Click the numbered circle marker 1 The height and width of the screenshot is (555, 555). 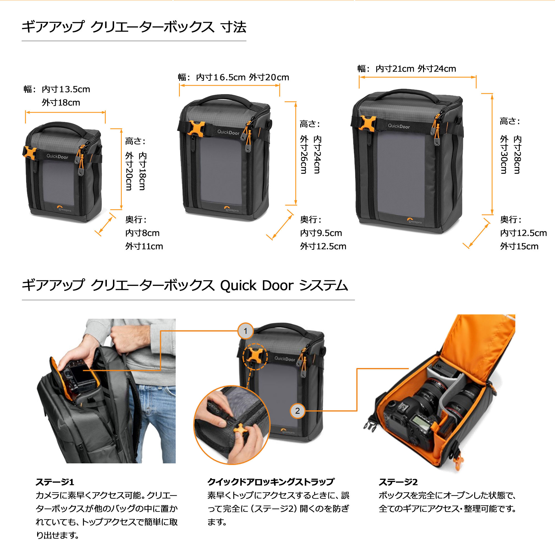click(x=245, y=331)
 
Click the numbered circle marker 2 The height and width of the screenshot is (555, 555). click(x=297, y=410)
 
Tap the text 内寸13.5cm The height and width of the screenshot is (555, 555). click(x=66, y=89)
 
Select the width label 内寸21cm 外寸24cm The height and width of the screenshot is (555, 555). click(x=415, y=69)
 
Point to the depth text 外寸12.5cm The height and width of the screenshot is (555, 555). click(x=323, y=246)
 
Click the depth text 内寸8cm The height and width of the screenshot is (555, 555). click(x=142, y=233)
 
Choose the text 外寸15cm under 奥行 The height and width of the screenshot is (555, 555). click(x=519, y=246)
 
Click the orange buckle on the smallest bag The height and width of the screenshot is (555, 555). click(x=30, y=153)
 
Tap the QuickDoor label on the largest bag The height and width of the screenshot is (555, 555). click(x=399, y=126)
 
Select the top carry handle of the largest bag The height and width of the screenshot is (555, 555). click(x=403, y=93)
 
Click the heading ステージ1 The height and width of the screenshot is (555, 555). click(x=55, y=482)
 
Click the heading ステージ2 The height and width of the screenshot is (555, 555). click(x=398, y=482)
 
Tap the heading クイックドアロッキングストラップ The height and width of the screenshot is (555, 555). click(x=271, y=482)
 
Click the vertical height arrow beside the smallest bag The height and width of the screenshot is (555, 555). click(x=121, y=169)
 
